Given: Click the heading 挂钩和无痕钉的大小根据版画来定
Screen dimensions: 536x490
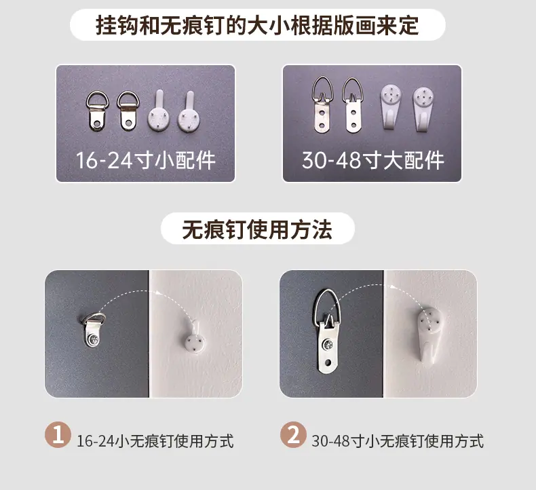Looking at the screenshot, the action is pos(257,25).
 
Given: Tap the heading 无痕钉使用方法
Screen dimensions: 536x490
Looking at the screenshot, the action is pos(257,229).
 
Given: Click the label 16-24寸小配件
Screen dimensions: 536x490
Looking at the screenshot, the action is pos(146,160).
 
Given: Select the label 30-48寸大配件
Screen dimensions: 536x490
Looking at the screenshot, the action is pos(373,160).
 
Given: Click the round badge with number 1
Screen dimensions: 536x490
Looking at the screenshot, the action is pos(58,434).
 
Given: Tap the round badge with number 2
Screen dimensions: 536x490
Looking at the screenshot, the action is pos(293,434).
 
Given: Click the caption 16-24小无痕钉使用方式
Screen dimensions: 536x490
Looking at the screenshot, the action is pos(155,441).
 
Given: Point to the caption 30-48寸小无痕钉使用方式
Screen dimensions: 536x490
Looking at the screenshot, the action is pos(398,441).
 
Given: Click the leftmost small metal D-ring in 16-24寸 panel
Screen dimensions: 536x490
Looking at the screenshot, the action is pos(97,110).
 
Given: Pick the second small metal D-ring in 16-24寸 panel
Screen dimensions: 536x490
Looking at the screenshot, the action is pos(128,110).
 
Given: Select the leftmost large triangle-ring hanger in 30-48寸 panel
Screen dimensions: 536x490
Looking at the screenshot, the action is pos(322,105).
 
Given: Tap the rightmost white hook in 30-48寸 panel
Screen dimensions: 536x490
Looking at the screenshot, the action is pos(423,109).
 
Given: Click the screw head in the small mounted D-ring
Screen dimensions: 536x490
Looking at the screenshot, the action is pos(94,340).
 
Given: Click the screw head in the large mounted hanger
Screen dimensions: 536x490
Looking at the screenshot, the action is pos(328,345).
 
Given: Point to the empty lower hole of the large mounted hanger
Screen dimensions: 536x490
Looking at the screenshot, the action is pos(328,362).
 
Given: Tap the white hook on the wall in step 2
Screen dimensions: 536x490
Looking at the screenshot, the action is pos(431,335).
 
